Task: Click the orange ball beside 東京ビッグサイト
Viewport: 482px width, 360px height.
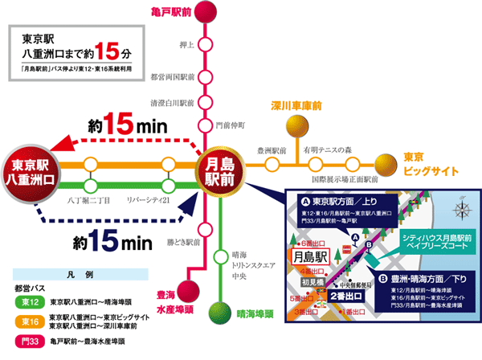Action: pyautogui.click(x=390, y=166)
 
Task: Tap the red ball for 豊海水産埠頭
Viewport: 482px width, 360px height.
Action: pyautogui.click(x=187, y=291)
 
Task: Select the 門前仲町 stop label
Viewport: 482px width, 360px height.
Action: pyautogui.click(x=226, y=125)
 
